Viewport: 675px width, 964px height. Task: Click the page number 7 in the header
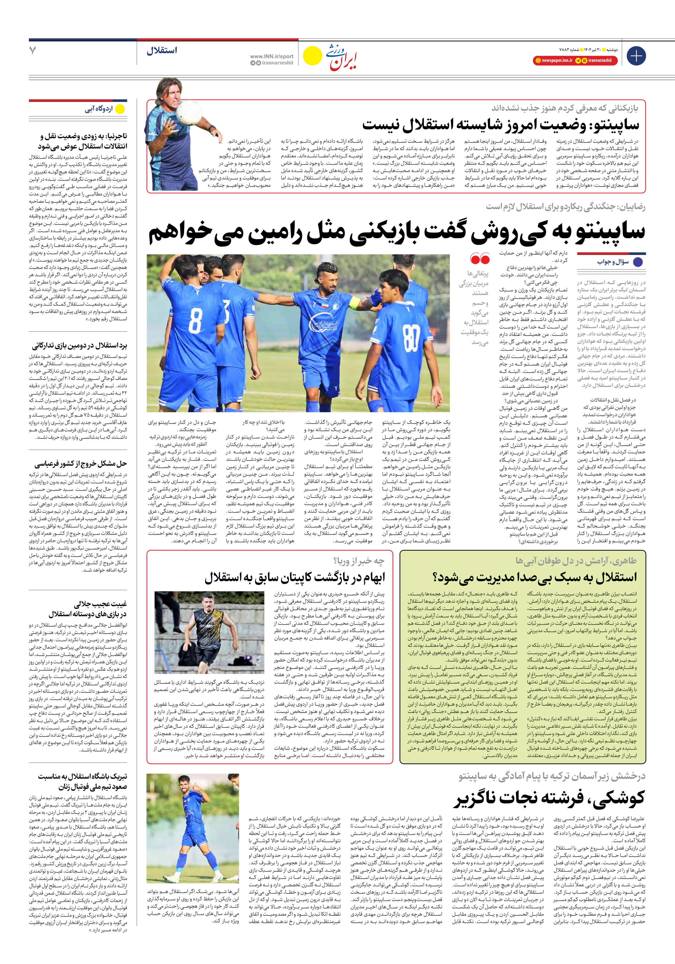tap(33, 50)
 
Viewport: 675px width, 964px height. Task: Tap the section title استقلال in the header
tap(162, 50)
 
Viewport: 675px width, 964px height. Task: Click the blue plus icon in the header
tap(636, 56)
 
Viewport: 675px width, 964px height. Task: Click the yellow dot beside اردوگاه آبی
tap(120, 109)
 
